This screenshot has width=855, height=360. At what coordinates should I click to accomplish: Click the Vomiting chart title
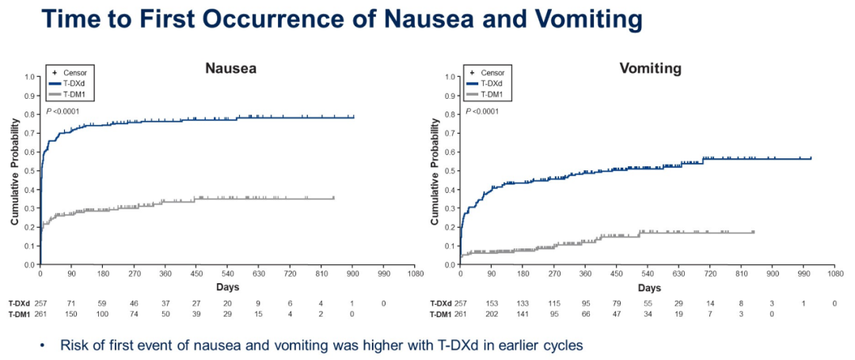[649, 68]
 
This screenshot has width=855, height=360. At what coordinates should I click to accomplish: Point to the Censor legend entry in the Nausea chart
[74, 72]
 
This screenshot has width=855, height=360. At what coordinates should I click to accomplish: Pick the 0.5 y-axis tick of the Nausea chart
[32, 170]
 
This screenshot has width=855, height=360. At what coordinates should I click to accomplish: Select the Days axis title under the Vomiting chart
[649, 288]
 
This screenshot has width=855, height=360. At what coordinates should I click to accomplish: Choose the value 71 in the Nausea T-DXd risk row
[71, 303]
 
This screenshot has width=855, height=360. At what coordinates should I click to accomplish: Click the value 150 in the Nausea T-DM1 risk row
[71, 315]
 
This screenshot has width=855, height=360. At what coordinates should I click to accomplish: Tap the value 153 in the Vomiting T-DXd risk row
[492, 303]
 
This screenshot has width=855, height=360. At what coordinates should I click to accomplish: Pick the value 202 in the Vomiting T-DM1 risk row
[492, 315]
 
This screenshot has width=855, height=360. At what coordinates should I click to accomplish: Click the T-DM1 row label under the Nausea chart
[20, 315]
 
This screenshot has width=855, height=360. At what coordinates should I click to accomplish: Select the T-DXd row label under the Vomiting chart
[442, 303]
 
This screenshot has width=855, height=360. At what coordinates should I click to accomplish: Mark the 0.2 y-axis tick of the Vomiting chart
[452, 227]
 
